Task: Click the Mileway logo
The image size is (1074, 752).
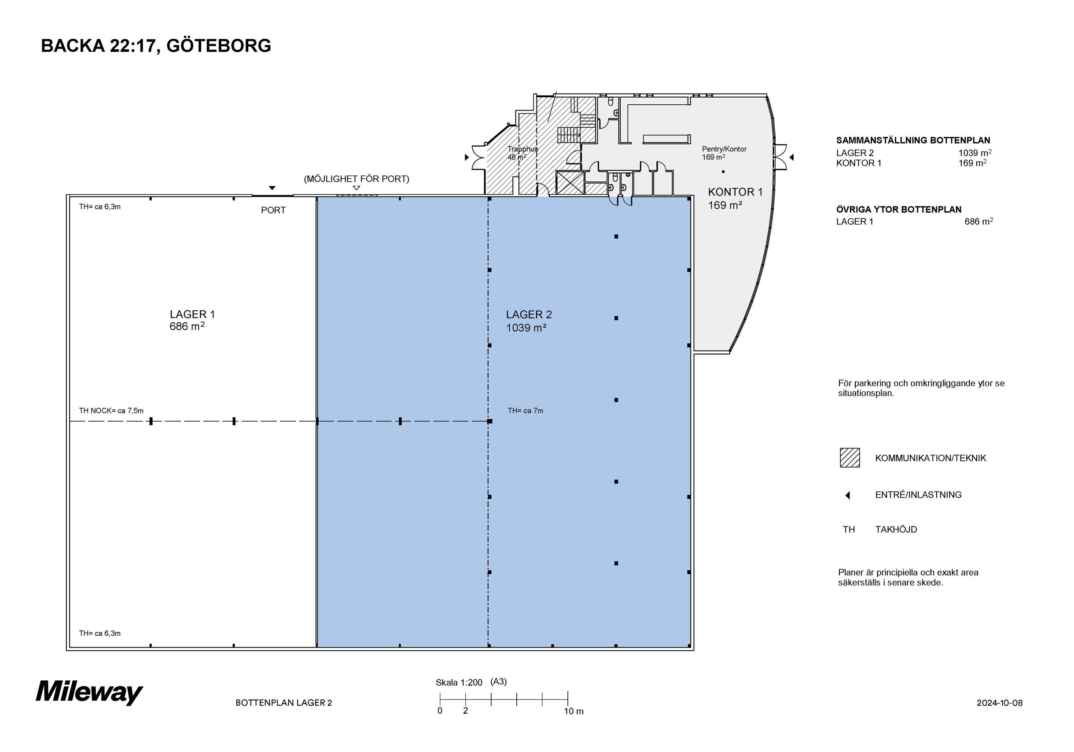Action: click(x=89, y=692)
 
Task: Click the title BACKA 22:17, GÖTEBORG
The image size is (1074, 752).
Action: click(x=156, y=46)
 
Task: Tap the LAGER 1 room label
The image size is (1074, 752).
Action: click(x=192, y=321)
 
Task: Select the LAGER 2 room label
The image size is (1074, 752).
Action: click(x=529, y=321)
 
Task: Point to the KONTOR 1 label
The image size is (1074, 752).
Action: click(x=735, y=199)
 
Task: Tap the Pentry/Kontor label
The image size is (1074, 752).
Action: click(x=724, y=149)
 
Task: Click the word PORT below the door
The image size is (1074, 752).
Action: click(x=273, y=210)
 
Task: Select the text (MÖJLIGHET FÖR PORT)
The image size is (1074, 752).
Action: click(x=357, y=179)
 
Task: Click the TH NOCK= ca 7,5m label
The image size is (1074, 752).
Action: click(x=111, y=411)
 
